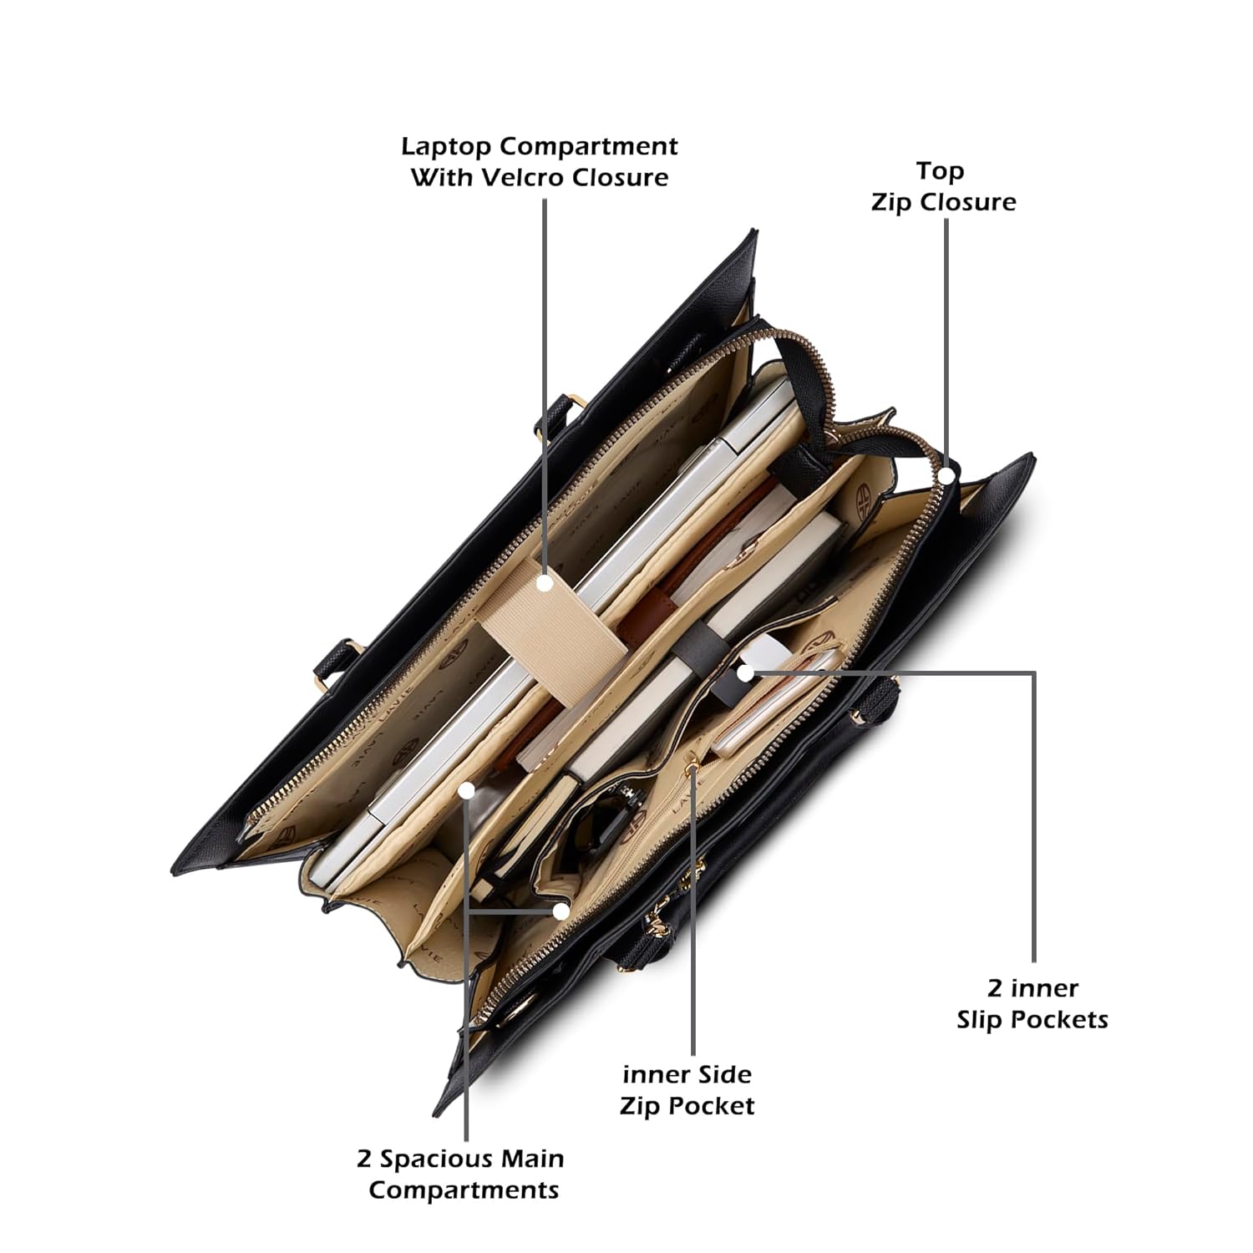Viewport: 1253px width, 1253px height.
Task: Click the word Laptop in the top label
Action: click(447, 148)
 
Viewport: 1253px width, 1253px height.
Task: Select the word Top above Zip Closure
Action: click(940, 172)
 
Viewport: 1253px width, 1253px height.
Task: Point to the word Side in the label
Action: click(721, 1074)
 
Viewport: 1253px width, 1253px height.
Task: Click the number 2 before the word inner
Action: click(995, 989)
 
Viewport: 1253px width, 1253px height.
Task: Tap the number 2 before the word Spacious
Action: click(364, 1159)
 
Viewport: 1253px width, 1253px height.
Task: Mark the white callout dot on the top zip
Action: click(946, 475)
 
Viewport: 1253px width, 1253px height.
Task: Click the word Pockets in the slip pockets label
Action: click(1063, 1020)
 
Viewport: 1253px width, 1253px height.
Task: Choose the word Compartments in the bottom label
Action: click(464, 1190)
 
